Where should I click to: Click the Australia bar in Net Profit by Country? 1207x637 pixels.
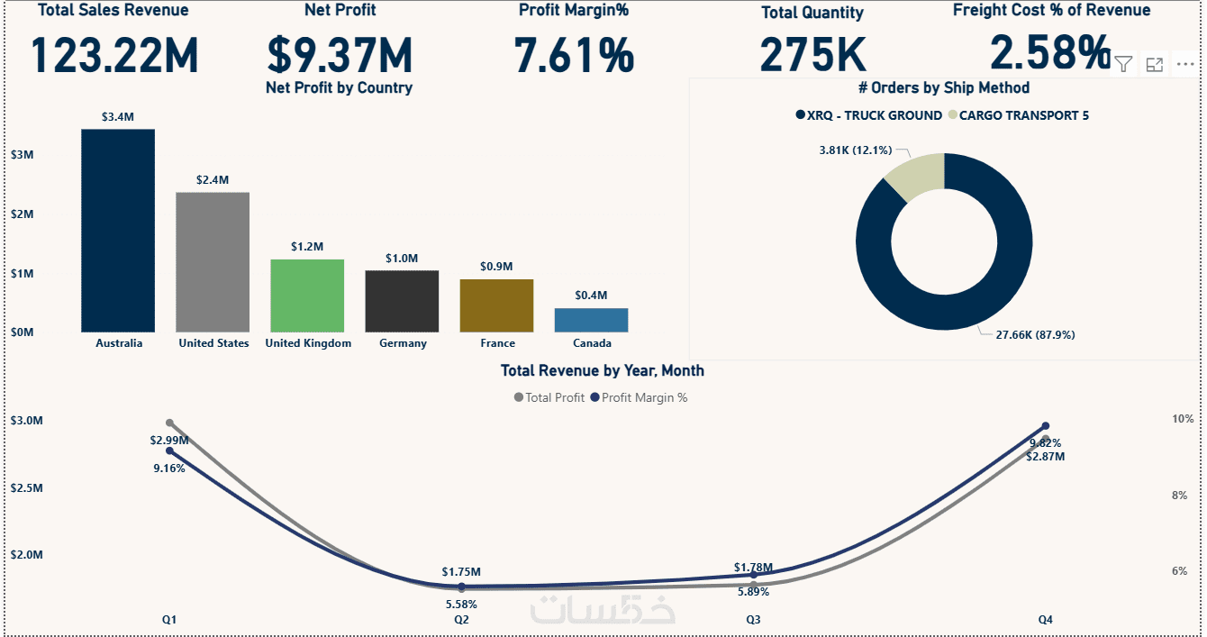pyautogui.click(x=118, y=231)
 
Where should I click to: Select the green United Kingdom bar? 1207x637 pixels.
pyautogui.click(x=308, y=296)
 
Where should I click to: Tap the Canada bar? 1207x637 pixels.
pyautogui.click(x=591, y=320)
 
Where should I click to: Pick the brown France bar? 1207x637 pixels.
pyautogui.click(x=496, y=305)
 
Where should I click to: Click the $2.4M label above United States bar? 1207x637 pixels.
pyautogui.click(x=213, y=180)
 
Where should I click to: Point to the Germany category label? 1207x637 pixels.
pyautogui.click(x=403, y=343)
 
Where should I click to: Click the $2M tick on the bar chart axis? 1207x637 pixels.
pyautogui.click(x=23, y=214)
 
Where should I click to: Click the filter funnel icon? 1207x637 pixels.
pyautogui.click(x=1123, y=63)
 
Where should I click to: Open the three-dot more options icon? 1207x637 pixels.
pyautogui.click(x=1184, y=64)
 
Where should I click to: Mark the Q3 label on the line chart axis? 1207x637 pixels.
pyautogui.click(x=753, y=620)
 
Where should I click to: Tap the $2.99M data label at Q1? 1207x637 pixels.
pyautogui.click(x=169, y=441)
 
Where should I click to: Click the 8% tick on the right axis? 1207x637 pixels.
pyautogui.click(x=1180, y=496)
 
